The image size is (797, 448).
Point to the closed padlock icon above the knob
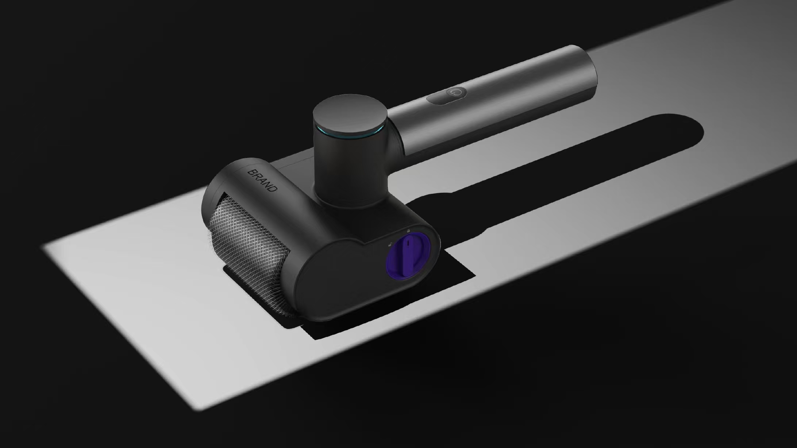[408, 231]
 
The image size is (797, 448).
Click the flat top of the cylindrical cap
[349, 113]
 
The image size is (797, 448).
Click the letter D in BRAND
[273, 189]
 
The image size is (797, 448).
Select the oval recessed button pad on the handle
[447, 96]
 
